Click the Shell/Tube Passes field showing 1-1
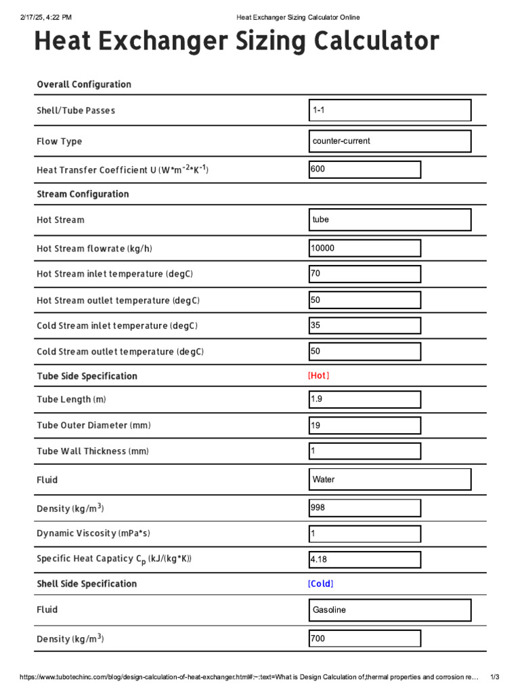(x=389, y=110)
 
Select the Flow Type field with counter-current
(x=389, y=142)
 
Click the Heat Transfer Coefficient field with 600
(x=364, y=169)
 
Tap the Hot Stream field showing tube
(x=389, y=220)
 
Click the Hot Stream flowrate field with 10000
(x=364, y=249)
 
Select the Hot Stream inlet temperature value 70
(x=364, y=274)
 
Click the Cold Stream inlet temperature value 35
(x=364, y=326)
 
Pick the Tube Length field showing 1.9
(x=364, y=400)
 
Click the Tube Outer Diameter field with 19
(x=364, y=426)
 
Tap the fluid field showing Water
(x=389, y=480)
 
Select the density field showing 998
(x=364, y=508)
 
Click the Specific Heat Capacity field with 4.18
(x=364, y=560)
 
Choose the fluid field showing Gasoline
(x=389, y=610)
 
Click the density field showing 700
(x=364, y=638)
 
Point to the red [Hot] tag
(x=318, y=375)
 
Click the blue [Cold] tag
(x=320, y=584)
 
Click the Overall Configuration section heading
(x=84, y=85)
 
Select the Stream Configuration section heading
(x=83, y=195)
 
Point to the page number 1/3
(x=494, y=677)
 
